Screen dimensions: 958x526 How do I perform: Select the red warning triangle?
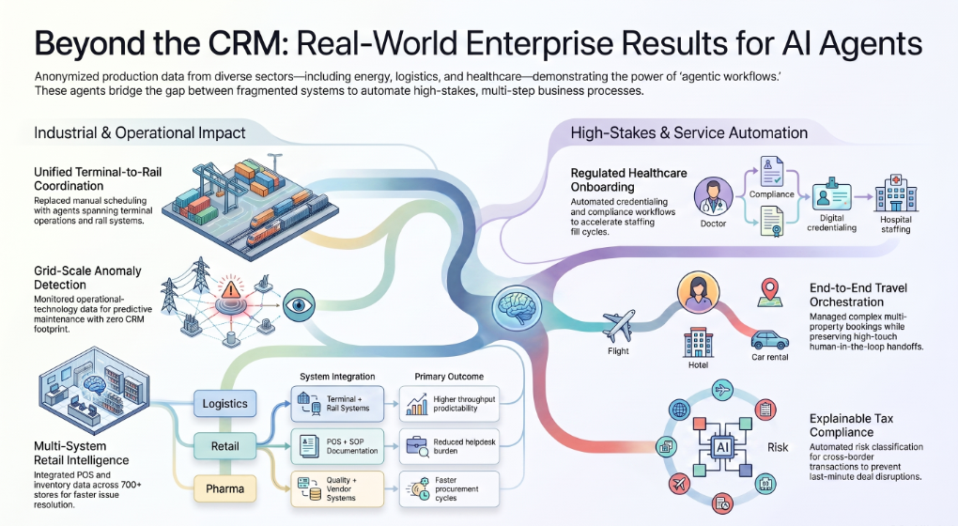[231, 289]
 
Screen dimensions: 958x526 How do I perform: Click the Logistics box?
[224, 404]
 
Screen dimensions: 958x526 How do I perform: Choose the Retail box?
[224, 446]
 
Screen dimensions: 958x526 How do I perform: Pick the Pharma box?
[224, 488]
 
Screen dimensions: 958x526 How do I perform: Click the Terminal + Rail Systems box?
[337, 404]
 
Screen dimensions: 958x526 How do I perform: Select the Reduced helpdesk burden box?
[449, 446]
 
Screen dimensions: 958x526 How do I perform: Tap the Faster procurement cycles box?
[449, 488]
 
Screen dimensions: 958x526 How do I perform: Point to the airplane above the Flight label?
[619, 326]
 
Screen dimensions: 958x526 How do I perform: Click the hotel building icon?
[699, 342]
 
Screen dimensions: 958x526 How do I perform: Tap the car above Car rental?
[770, 340]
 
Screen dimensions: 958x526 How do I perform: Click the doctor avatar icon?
[713, 196]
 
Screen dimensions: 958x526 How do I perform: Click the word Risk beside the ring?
[778, 448]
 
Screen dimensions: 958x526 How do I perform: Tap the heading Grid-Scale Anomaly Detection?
[87, 278]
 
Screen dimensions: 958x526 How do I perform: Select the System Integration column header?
[337, 377]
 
